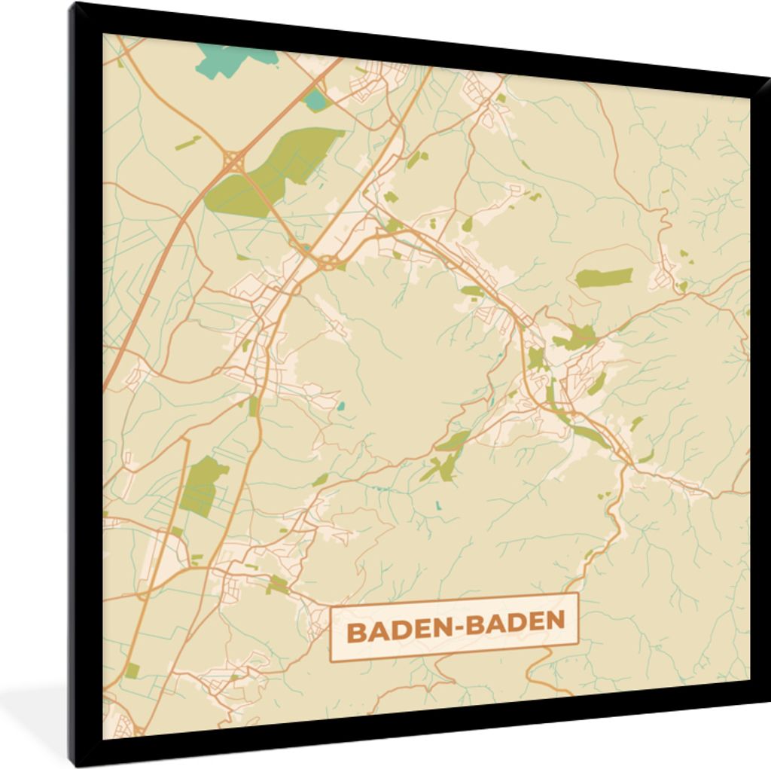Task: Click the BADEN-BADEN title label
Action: pos(454,627)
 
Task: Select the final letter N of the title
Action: pos(555,621)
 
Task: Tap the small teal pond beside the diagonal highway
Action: pos(315,100)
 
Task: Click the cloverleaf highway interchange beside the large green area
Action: pos(233,160)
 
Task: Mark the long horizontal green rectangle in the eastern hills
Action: pos(604,278)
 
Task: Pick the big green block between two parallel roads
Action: pos(202,486)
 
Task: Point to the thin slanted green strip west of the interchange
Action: pos(187,143)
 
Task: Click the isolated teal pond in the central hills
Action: pos(341,405)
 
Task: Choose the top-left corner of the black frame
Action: pos(72,6)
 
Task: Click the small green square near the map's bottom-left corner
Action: pos(132,670)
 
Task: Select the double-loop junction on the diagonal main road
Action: pos(328,263)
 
